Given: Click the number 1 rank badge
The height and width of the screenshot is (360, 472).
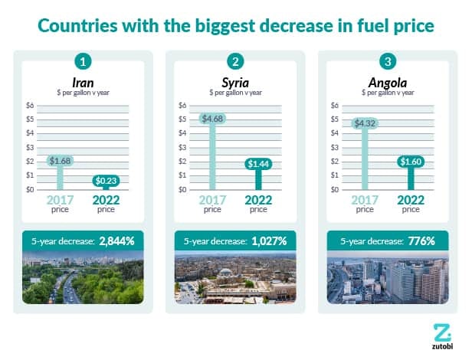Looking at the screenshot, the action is coord(83,61).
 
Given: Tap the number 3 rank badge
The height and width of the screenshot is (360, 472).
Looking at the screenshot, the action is coord(388,61).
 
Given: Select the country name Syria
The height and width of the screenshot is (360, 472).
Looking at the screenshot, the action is coord(235,83).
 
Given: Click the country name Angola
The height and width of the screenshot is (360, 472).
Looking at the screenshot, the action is coord(388,83).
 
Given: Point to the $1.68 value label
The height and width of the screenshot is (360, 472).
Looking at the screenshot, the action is coord(60,161).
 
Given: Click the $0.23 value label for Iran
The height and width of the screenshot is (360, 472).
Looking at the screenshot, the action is coord(106,181).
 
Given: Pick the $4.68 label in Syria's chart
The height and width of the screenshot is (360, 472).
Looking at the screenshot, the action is coord(212,119).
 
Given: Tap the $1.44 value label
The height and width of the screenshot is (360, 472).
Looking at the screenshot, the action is coord(258,164).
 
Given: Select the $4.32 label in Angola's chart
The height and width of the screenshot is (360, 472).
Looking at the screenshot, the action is coord(365,123).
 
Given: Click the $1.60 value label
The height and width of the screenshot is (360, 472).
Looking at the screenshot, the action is coord(411,162).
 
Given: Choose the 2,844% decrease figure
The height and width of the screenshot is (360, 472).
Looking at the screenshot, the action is coord(116,241).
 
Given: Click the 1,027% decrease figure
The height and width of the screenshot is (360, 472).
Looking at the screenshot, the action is coord(269,241).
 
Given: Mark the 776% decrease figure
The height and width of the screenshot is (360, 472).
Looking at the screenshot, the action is coord(421,241).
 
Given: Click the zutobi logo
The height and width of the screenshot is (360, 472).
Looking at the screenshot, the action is coord(442,337).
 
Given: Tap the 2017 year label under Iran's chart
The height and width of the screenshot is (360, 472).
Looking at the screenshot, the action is coord(60,200).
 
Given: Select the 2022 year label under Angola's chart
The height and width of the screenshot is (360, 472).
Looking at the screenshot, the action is coord(411,200).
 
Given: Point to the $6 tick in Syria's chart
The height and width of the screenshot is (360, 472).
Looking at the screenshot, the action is coord(182,106).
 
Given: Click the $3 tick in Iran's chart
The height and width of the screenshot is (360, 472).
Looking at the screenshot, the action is coord(30,148).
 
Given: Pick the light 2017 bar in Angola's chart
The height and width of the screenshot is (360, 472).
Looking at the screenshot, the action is coord(365,159).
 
